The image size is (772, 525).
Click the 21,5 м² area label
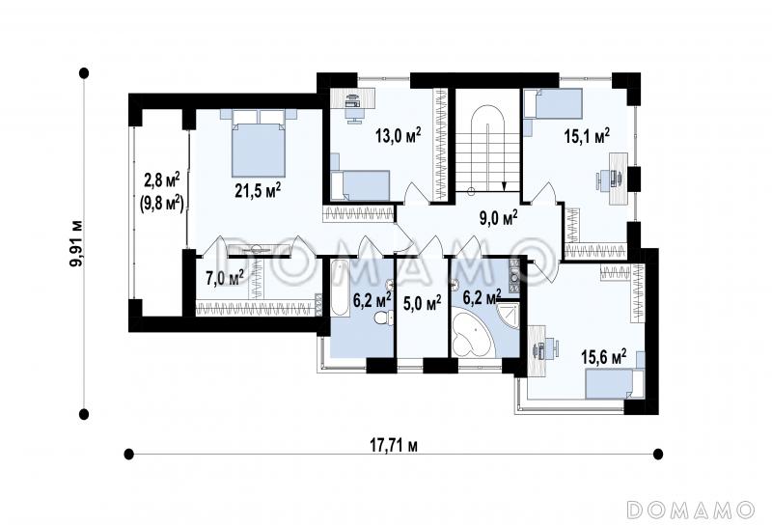[258, 190]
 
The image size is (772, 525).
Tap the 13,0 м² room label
[399, 134]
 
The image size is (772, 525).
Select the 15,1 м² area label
[588, 136]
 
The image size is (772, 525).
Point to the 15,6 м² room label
[604, 356]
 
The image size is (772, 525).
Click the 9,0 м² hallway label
[498, 217]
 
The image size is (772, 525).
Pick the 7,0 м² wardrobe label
[225, 278]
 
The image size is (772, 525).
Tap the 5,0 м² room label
[422, 303]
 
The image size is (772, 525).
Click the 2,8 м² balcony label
[161, 180]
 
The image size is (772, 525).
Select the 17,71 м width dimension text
[394, 446]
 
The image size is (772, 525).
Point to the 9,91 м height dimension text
[76, 243]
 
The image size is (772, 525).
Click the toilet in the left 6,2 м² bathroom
[383, 317]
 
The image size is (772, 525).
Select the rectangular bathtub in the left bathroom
[340, 289]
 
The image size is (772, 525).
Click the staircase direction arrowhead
[505, 186]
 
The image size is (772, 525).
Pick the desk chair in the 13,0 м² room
[352, 113]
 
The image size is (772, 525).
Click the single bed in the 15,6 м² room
[615, 384]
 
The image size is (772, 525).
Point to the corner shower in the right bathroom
[508, 315]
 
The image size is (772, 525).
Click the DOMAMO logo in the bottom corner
[691, 510]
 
